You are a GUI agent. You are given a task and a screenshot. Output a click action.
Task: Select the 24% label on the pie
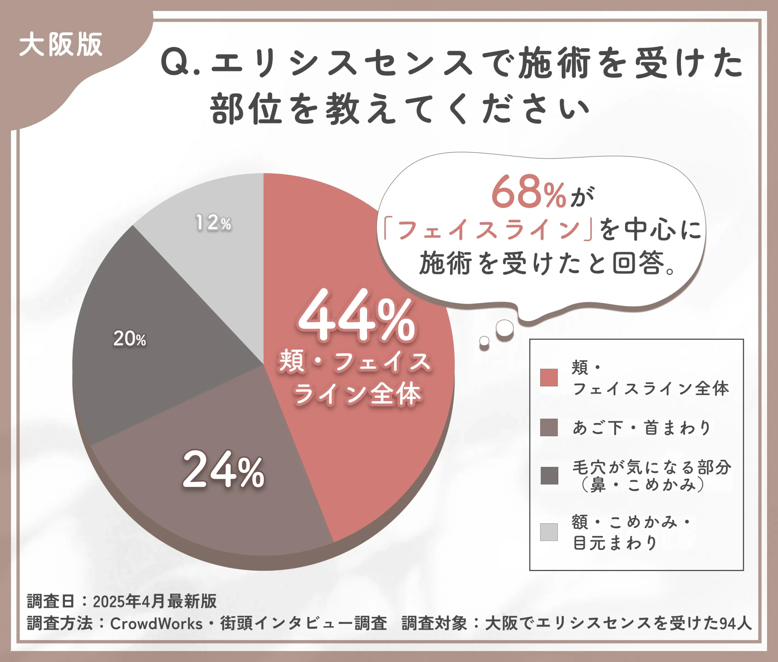click(x=224, y=470)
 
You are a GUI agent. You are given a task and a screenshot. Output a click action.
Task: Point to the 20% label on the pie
click(x=129, y=339)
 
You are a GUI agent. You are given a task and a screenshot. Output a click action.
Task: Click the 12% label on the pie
click(x=213, y=222)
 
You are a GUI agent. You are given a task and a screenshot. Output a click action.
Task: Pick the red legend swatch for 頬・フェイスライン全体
click(x=549, y=377)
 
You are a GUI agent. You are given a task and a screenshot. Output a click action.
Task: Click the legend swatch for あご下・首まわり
click(x=549, y=427)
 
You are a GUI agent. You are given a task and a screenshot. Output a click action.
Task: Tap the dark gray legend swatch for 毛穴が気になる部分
click(x=549, y=475)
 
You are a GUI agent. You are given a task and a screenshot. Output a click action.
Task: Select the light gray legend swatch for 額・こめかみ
click(x=549, y=532)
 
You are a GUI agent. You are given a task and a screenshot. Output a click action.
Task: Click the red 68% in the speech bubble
click(x=529, y=192)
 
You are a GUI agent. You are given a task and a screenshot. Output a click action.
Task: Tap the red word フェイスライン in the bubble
click(x=488, y=229)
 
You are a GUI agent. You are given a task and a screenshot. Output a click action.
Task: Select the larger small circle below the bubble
click(x=504, y=328)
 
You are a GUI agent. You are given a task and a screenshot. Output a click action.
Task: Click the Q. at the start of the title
click(x=180, y=63)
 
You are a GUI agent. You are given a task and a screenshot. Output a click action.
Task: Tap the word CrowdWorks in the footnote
click(x=156, y=623)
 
